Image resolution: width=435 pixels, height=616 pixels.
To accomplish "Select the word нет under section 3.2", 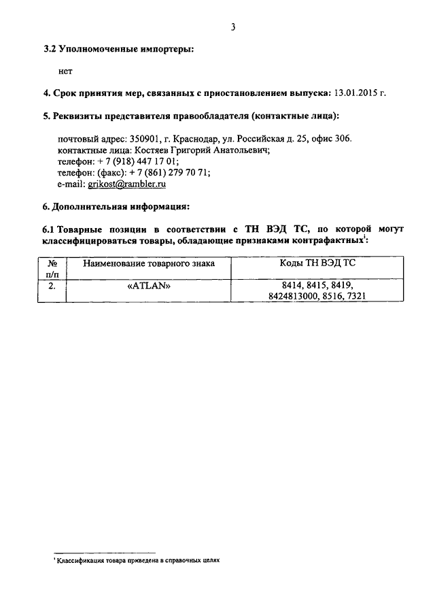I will point(65,71).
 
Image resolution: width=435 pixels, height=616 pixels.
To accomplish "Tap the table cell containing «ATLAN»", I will point(148,286).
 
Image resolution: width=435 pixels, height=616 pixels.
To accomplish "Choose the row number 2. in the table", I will point(52,286).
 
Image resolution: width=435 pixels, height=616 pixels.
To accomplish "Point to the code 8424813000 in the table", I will point(296,297).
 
